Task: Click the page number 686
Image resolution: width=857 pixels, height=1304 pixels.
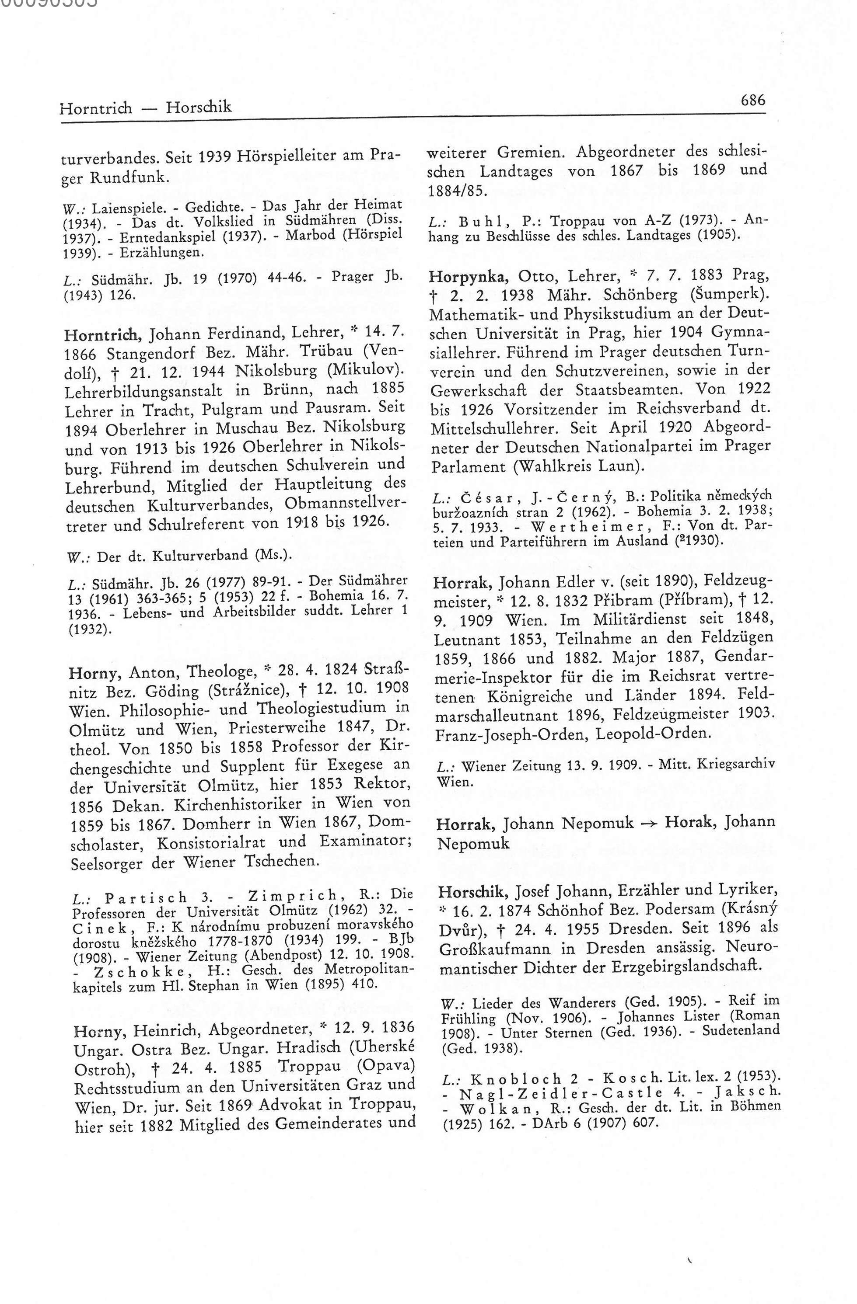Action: [x=752, y=100]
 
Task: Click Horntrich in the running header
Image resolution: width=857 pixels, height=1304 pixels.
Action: [x=95, y=108]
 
